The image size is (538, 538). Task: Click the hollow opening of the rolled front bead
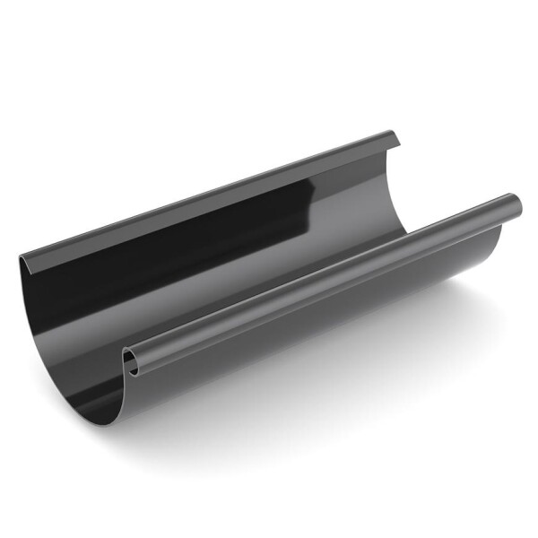(x=132, y=361)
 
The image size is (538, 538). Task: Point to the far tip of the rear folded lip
(x=395, y=137)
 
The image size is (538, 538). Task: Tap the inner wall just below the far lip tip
(x=381, y=166)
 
